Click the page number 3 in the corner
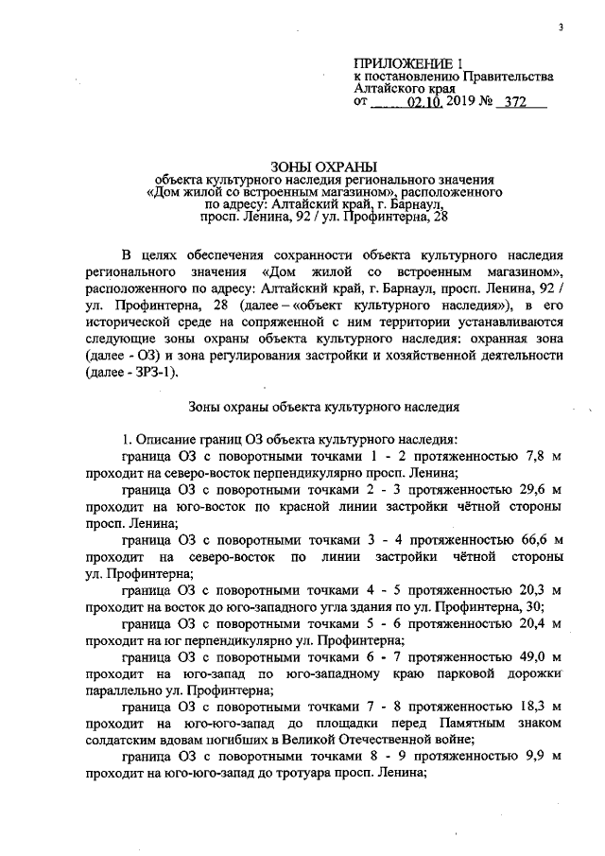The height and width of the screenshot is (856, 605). tap(561, 27)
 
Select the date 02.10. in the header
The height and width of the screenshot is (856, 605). tap(424, 101)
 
